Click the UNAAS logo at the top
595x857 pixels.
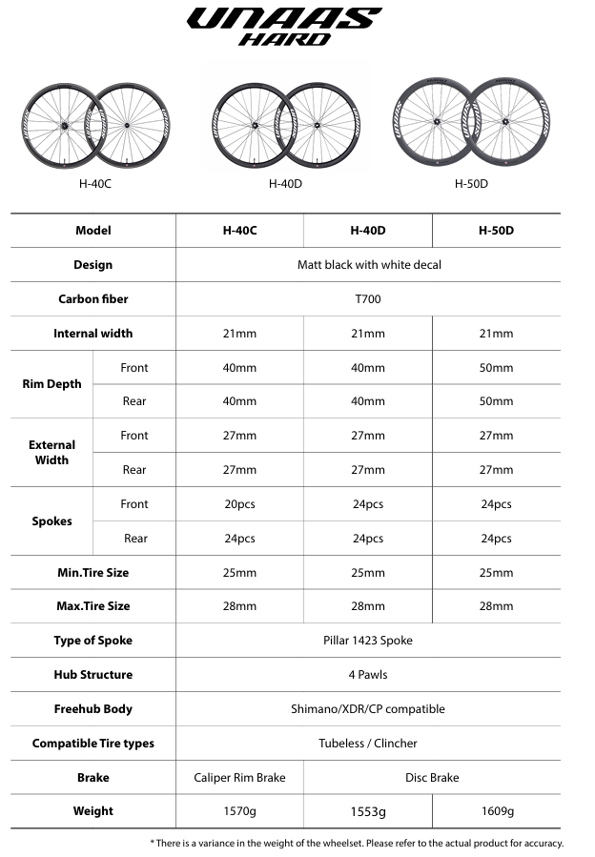pos(283,19)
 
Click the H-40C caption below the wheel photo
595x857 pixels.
pos(95,183)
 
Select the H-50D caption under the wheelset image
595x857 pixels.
pos(471,183)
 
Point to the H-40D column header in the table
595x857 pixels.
pos(368,231)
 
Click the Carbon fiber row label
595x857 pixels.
pos(93,299)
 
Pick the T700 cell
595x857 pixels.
pos(368,299)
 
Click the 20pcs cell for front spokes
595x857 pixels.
pos(239,504)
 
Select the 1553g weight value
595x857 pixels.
pos(368,811)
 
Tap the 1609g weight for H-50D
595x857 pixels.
pos(496,811)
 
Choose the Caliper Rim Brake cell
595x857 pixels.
pos(239,778)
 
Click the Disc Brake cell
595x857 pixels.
pos(432,778)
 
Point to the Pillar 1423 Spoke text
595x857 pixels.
pos(368,641)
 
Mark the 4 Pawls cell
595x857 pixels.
pos(368,675)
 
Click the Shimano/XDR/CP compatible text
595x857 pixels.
pos(368,709)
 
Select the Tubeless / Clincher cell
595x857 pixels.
pos(368,744)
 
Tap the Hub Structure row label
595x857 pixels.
pos(93,675)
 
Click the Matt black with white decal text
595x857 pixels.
pos(369,265)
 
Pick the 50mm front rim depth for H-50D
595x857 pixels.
pos(496,368)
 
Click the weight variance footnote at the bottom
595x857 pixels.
pos(357,843)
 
